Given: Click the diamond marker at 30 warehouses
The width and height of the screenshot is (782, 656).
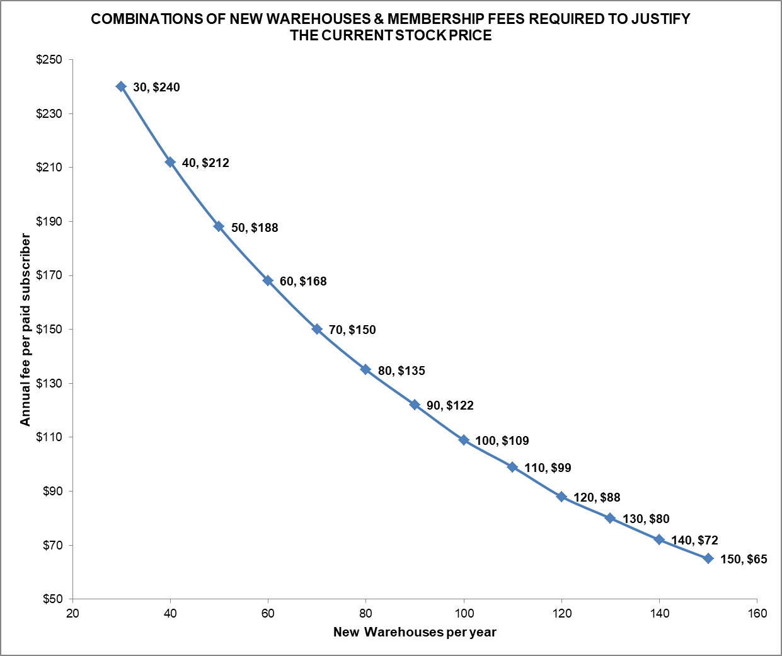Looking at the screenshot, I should click(121, 86).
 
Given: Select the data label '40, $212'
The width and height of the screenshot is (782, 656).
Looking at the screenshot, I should click(205, 163).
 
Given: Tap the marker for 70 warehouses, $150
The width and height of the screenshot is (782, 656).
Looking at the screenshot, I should click(317, 329).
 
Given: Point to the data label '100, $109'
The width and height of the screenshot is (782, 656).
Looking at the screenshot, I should click(502, 440).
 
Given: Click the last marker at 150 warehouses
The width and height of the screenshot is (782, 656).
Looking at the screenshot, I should click(708, 558).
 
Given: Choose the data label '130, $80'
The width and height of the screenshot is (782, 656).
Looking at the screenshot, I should click(646, 519).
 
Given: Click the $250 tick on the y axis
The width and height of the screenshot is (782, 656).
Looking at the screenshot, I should click(49, 60).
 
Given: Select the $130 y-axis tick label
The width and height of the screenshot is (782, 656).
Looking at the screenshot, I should click(49, 383).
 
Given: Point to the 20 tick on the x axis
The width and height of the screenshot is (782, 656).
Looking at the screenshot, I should click(72, 613).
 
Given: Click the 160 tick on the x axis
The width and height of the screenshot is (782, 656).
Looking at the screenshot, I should click(757, 613).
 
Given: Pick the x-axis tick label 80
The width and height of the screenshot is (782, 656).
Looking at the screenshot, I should click(366, 613).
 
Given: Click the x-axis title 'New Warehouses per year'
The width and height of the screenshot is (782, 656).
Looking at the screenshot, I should click(415, 632).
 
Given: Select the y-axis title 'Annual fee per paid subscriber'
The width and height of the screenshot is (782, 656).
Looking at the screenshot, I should click(25, 329).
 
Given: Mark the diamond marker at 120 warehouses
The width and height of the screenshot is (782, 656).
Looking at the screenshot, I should click(561, 497).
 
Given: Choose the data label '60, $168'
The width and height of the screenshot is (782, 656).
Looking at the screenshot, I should click(303, 281).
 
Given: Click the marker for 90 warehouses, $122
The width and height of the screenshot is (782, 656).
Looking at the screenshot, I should click(415, 405).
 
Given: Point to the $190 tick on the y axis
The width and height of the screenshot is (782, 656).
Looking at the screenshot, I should click(49, 221).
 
